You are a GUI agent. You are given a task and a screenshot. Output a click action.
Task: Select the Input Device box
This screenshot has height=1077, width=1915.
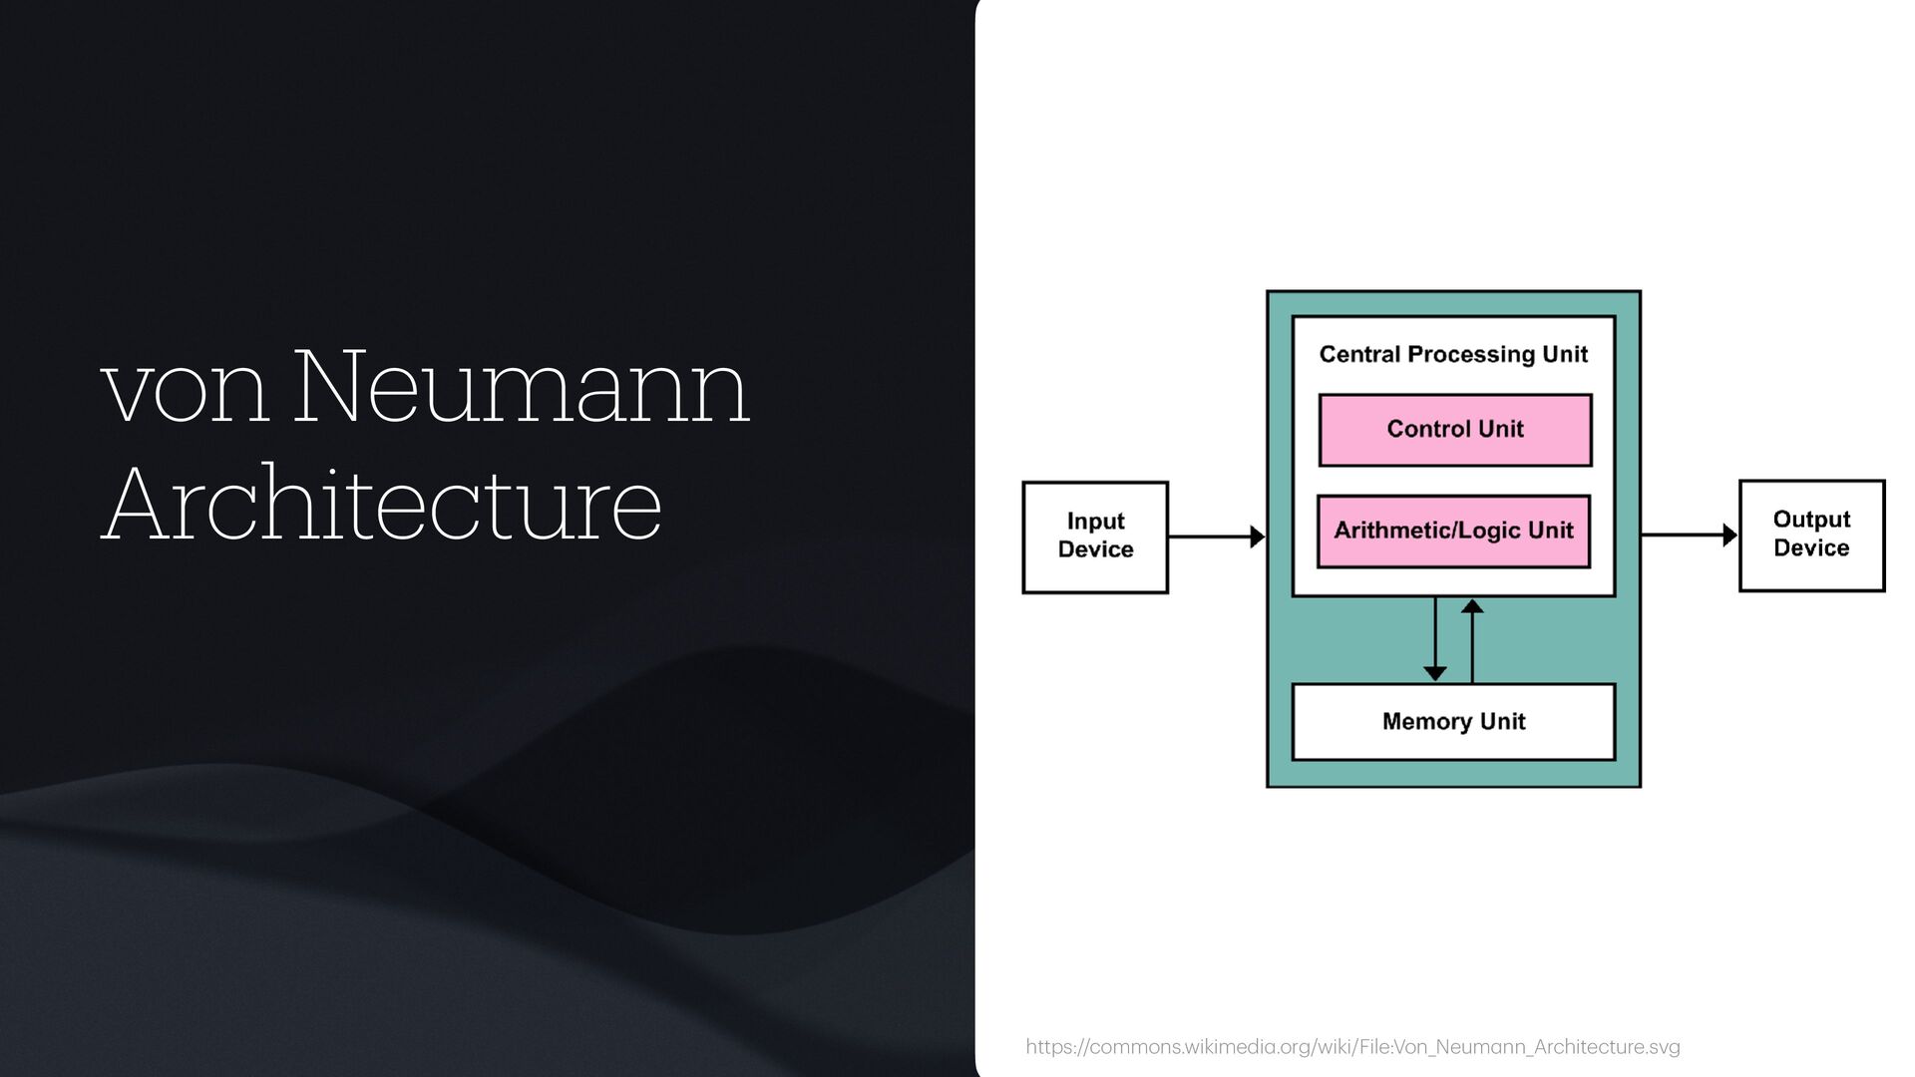(1095, 537)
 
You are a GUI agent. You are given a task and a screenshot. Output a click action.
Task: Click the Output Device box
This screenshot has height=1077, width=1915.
(1811, 535)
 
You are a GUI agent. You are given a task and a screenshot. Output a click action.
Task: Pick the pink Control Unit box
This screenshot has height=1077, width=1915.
(1454, 430)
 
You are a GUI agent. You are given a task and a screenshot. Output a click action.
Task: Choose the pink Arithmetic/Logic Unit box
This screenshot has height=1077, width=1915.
(1453, 532)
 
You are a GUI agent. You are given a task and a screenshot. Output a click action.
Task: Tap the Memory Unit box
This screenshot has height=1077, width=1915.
(1453, 722)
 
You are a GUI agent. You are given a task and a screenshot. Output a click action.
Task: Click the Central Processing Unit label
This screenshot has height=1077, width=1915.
(1453, 355)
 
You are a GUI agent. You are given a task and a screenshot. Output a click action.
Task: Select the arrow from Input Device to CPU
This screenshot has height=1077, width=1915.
(1216, 537)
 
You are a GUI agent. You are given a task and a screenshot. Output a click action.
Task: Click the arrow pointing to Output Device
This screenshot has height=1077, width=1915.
(1689, 535)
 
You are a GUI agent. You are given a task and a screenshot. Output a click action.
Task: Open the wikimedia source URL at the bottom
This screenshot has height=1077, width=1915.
(1352, 1047)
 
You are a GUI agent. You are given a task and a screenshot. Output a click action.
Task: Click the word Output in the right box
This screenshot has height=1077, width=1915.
(1811, 520)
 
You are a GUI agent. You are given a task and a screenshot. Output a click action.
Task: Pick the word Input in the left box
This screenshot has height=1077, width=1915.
(1095, 522)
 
